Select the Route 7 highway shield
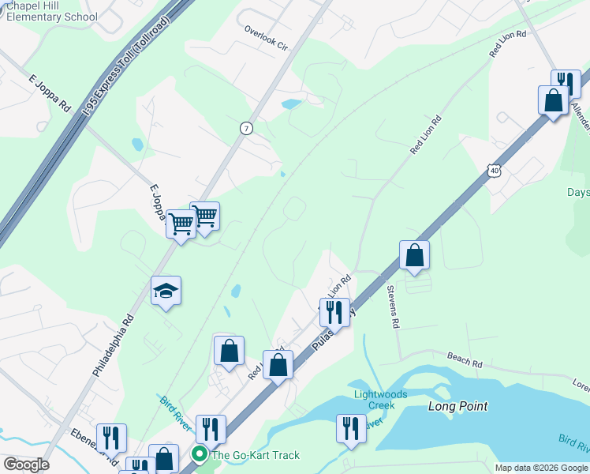(246, 128)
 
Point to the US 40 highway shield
(493, 169)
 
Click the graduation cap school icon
(166, 292)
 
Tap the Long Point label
(457, 406)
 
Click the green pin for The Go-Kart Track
(200, 453)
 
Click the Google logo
(25, 465)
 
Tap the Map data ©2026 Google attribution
(541, 468)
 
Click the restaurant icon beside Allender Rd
(566, 82)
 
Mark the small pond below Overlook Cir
(291, 103)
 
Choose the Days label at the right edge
(578, 192)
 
